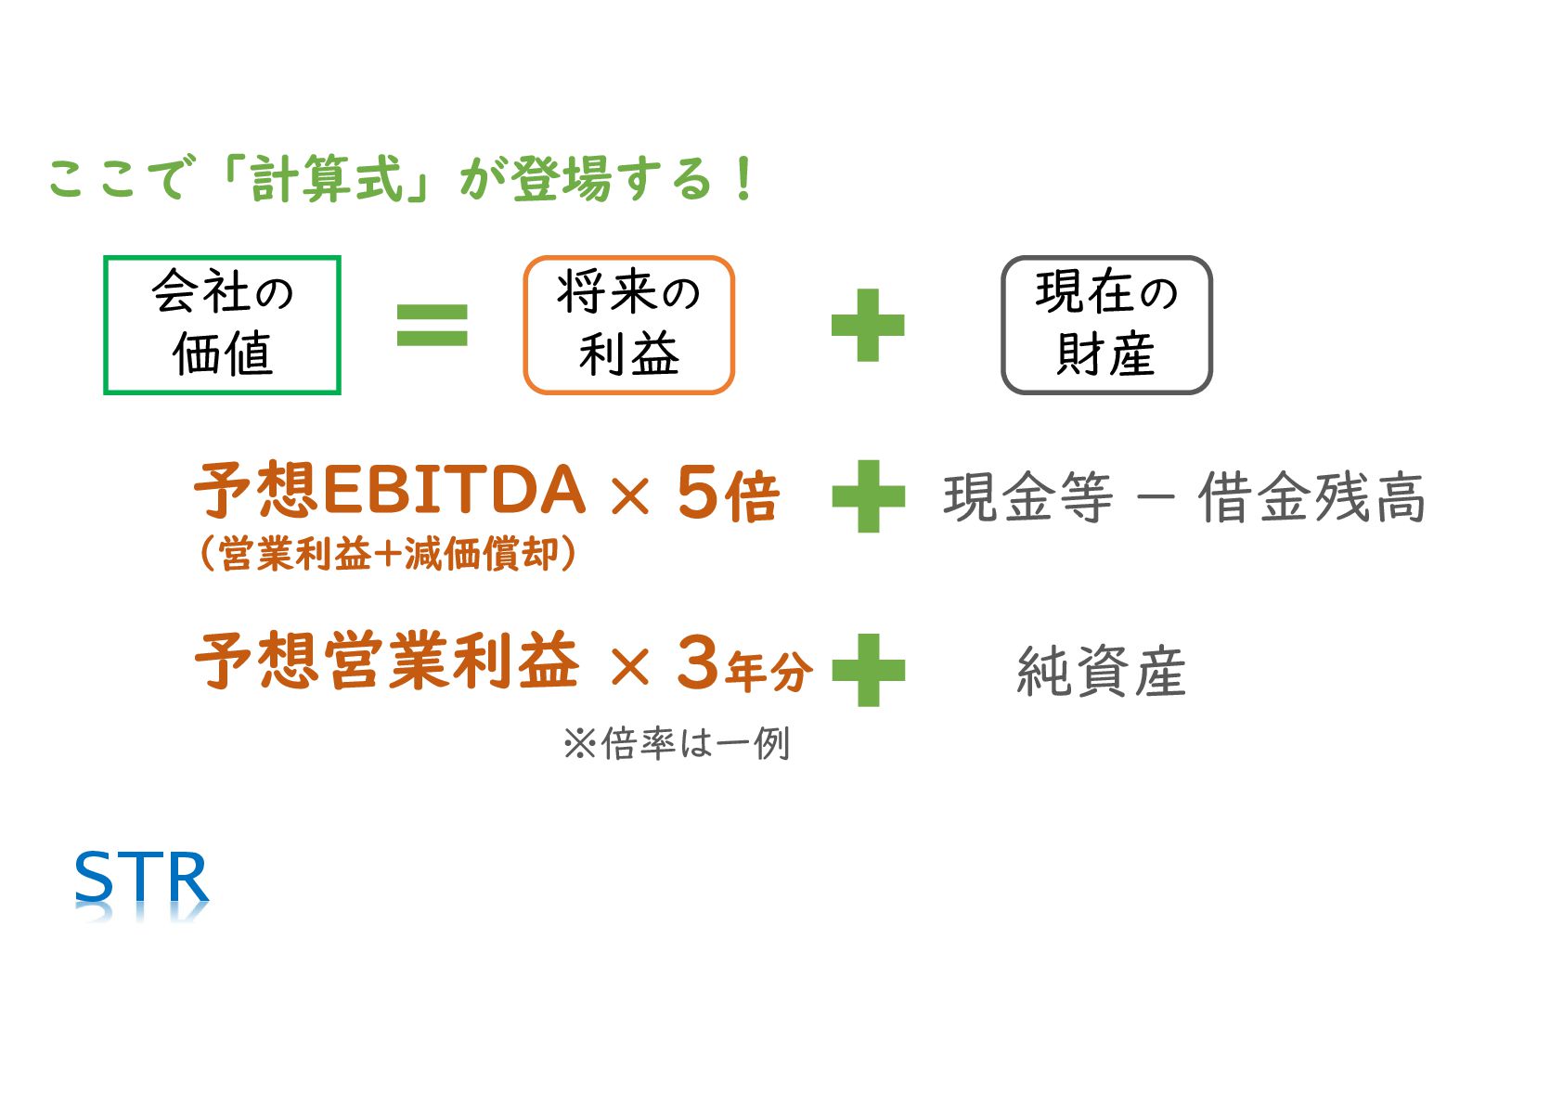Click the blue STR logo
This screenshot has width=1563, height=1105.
(141, 879)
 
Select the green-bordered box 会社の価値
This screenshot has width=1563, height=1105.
(222, 325)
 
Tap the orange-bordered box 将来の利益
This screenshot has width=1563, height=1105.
(628, 325)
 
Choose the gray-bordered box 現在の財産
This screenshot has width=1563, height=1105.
(1106, 325)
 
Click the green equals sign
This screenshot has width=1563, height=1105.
(432, 325)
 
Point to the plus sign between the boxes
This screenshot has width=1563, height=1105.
(867, 325)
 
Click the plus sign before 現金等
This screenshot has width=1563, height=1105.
(868, 496)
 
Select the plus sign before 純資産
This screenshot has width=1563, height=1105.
(868, 670)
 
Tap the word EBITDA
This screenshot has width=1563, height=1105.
(454, 491)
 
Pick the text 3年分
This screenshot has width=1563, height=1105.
(743, 664)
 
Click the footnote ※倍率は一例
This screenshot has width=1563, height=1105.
(676, 743)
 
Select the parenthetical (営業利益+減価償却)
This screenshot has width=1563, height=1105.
(387, 554)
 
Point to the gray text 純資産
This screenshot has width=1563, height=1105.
(1101, 672)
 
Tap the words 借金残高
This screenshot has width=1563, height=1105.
(1311, 498)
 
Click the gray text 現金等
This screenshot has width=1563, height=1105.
(1027, 498)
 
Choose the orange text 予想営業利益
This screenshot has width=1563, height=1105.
(387, 662)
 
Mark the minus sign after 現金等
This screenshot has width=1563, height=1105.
(1155, 498)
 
